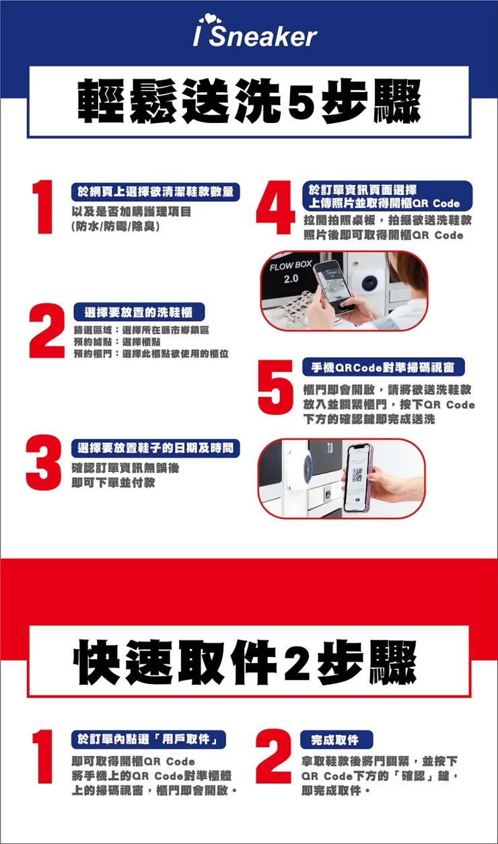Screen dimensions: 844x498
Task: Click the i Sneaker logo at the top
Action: coord(255,34)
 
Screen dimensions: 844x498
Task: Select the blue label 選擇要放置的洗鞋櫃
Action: coord(139,313)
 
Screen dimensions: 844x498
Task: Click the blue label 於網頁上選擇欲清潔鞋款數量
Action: coord(156,193)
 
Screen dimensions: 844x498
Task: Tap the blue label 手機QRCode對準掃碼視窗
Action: coord(383,367)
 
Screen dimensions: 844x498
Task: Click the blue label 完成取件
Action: coord(335,740)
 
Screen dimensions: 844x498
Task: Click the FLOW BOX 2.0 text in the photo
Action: coord(290,271)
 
